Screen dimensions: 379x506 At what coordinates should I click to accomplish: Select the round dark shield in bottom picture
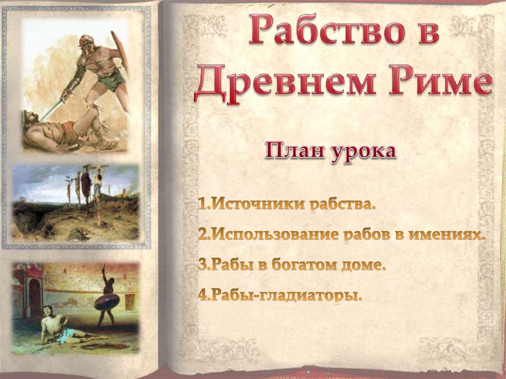tap(107, 301)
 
